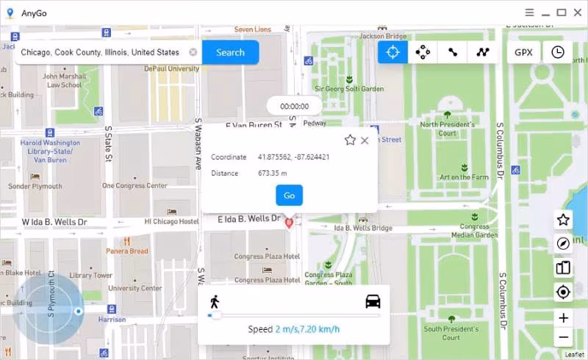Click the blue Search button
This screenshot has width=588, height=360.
(230, 53)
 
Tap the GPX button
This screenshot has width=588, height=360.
(523, 52)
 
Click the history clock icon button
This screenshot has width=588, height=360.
(558, 52)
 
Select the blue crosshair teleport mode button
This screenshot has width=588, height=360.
(393, 52)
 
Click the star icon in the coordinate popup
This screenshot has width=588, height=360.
(350, 140)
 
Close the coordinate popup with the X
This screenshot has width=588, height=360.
(365, 140)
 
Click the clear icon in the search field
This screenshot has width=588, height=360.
(193, 52)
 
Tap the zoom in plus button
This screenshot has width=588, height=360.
(564, 318)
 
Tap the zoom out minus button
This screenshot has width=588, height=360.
(564, 337)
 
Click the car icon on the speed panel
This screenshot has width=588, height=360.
(373, 301)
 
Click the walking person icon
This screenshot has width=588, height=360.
(215, 301)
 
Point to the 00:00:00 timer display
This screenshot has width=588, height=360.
(294, 106)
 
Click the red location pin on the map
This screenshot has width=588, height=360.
(290, 222)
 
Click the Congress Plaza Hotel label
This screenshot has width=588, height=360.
(267, 256)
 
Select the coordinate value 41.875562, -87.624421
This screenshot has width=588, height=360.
(293, 157)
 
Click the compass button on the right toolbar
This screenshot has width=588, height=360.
(564, 244)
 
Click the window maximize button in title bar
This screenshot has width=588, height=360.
(562, 12)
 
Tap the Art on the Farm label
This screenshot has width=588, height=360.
(464, 177)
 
